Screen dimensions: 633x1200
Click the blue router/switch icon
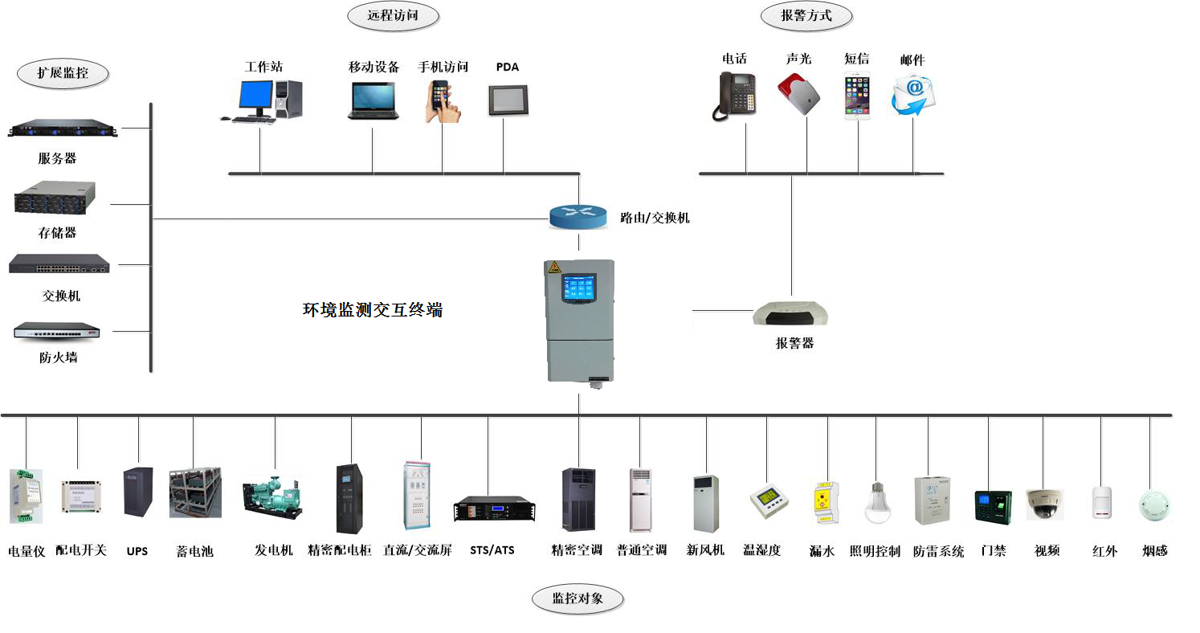(x=578, y=216)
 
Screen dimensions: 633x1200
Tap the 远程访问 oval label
(x=393, y=15)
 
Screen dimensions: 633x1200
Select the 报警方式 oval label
(x=806, y=15)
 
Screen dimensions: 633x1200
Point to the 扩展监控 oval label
(x=63, y=74)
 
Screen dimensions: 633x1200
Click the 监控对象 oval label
(x=578, y=598)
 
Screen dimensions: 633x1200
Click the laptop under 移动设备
(x=373, y=101)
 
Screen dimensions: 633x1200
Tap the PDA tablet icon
(x=508, y=100)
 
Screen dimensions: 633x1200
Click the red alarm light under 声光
(x=799, y=93)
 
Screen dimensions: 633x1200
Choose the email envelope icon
(x=912, y=95)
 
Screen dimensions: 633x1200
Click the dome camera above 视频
(x=1045, y=504)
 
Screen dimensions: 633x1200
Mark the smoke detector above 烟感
(x=1154, y=504)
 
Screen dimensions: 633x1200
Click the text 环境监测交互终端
(x=372, y=310)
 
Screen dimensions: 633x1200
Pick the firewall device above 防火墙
(x=57, y=330)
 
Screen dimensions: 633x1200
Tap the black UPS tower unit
(x=137, y=492)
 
